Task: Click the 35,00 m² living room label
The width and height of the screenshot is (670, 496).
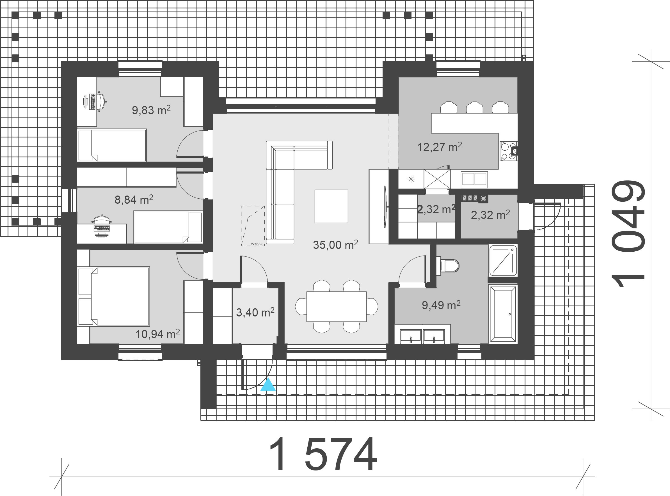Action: click(335, 245)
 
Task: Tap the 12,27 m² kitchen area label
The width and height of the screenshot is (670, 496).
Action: click(440, 147)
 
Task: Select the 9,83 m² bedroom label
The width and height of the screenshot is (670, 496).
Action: click(151, 110)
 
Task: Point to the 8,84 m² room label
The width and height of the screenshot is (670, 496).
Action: click(134, 199)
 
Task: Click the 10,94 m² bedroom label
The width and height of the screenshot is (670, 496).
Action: click(158, 334)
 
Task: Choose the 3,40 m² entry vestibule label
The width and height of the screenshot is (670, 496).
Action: click(255, 312)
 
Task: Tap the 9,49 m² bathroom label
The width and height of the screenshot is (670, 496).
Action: click(441, 305)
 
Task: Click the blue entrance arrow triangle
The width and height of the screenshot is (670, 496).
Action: click(268, 385)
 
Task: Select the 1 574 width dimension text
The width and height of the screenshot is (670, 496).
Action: click(323, 454)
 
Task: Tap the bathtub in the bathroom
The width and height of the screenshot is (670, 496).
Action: click(503, 314)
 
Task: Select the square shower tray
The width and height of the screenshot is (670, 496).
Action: click(503, 260)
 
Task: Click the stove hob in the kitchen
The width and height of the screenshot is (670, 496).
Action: click(508, 151)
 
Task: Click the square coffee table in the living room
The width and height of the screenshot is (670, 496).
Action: click(331, 206)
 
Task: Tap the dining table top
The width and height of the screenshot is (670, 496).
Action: click(336, 307)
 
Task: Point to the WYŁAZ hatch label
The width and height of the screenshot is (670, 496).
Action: click(257, 244)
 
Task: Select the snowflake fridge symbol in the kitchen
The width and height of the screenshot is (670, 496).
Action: click(411, 179)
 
